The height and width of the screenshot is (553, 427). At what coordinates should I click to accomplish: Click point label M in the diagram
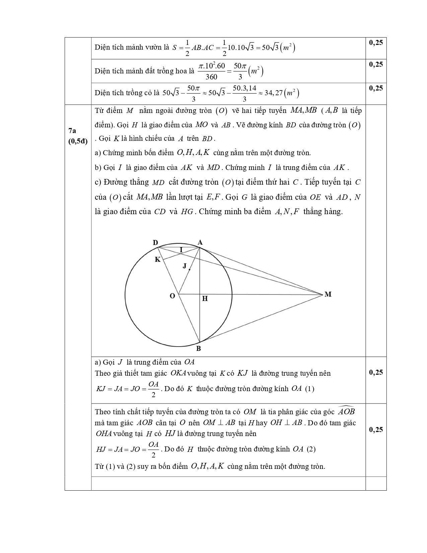tap(328, 294)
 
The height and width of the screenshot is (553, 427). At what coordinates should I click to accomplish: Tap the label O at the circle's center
tap(172, 296)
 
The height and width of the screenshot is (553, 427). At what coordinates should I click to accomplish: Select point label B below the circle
tap(198, 349)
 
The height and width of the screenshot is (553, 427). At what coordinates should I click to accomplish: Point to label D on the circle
tap(155, 243)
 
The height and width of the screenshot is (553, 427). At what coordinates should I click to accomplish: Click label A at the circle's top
tap(200, 242)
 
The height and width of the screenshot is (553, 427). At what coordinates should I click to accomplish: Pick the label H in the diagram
tap(205, 298)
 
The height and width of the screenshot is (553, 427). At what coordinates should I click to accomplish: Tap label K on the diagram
tap(157, 259)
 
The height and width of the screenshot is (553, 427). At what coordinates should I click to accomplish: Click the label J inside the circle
tap(185, 266)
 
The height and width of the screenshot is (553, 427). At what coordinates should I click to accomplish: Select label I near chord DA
tap(181, 250)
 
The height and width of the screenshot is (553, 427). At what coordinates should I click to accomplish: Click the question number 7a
tap(72, 131)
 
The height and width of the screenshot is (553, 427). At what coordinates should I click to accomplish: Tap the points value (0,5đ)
tap(78, 141)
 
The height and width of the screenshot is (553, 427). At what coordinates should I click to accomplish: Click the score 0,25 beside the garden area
tap(376, 43)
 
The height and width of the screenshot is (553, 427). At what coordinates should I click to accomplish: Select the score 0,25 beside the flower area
tap(376, 64)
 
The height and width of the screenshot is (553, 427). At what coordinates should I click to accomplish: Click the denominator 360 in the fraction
tap(211, 77)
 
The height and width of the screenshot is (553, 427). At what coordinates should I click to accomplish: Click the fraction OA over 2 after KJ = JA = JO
tap(153, 389)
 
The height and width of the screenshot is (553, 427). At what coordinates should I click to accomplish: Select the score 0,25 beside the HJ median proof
tap(376, 429)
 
